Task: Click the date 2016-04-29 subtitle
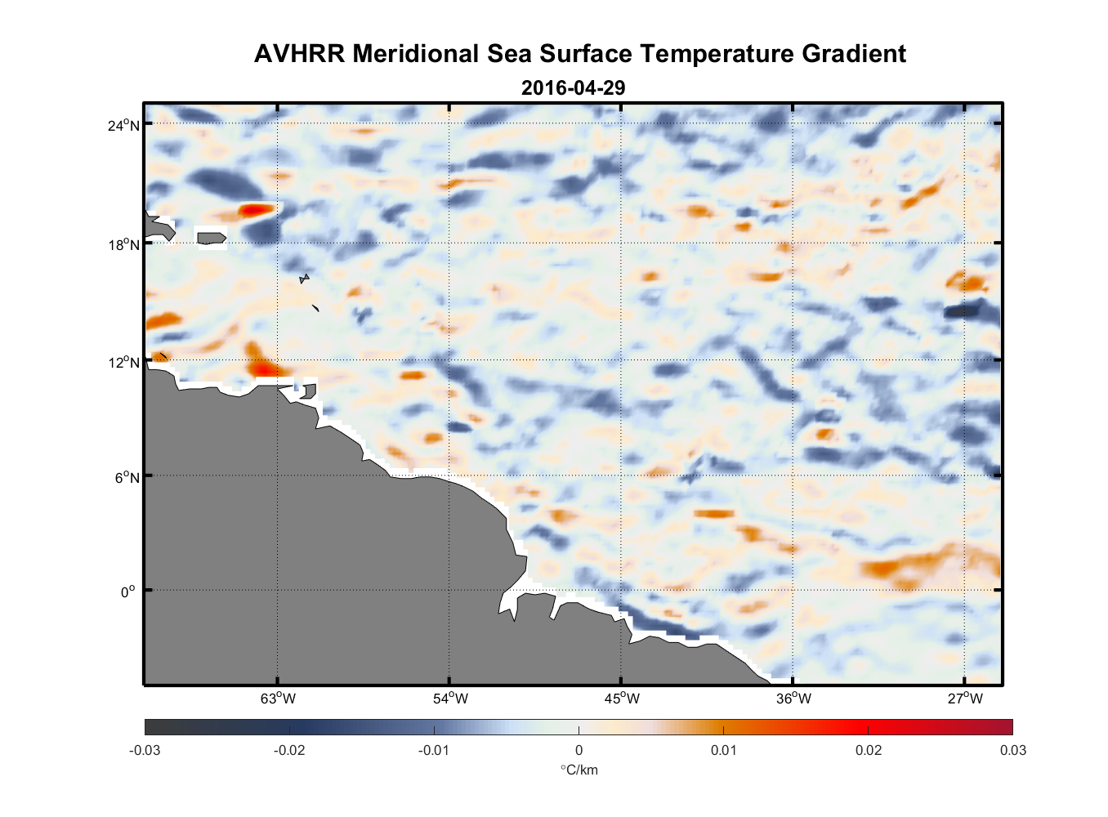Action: [573, 87]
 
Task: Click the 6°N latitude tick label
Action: [127, 477]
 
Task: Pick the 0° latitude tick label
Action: [128, 592]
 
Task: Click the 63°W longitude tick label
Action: [279, 698]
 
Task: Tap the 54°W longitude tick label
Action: [450, 698]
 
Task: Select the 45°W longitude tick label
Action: [622, 698]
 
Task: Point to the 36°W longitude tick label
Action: [793, 698]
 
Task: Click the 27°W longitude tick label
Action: [965, 698]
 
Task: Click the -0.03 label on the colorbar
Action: [145, 750]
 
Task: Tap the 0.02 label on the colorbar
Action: [868, 750]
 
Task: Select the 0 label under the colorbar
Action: [579, 750]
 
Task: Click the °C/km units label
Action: [579, 770]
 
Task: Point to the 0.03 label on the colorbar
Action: [1012, 750]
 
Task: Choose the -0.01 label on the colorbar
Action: [433, 750]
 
